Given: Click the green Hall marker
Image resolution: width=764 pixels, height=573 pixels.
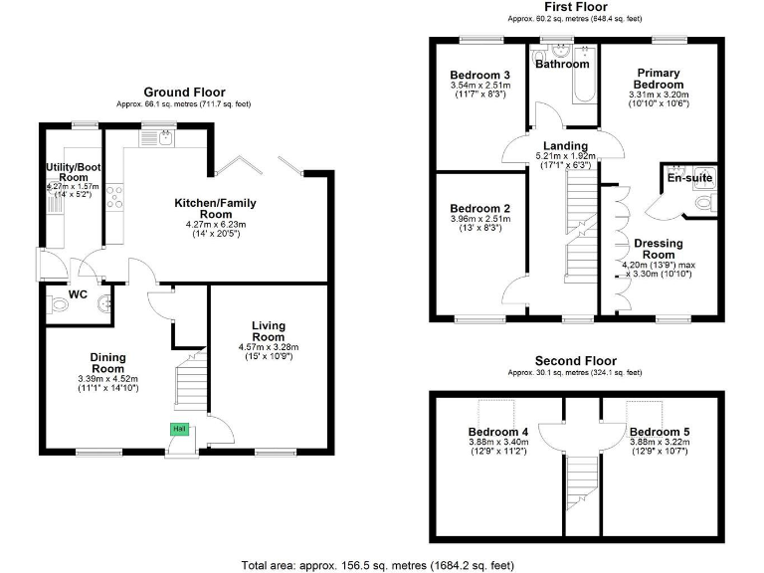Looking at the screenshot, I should [x=180, y=429].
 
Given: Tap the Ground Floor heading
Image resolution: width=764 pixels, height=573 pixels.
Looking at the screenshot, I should [x=184, y=92].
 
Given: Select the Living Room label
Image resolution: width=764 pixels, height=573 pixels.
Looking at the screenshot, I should [x=269, y=331].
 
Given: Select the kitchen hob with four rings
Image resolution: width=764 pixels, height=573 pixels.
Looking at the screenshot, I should [x=115, y=195].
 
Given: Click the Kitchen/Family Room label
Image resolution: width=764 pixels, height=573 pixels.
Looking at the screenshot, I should [x=215, y=209].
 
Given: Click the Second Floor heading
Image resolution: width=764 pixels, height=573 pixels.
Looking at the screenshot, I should [x=575, y=361].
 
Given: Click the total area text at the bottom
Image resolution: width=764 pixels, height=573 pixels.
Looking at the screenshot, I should [x=377, y=565].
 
